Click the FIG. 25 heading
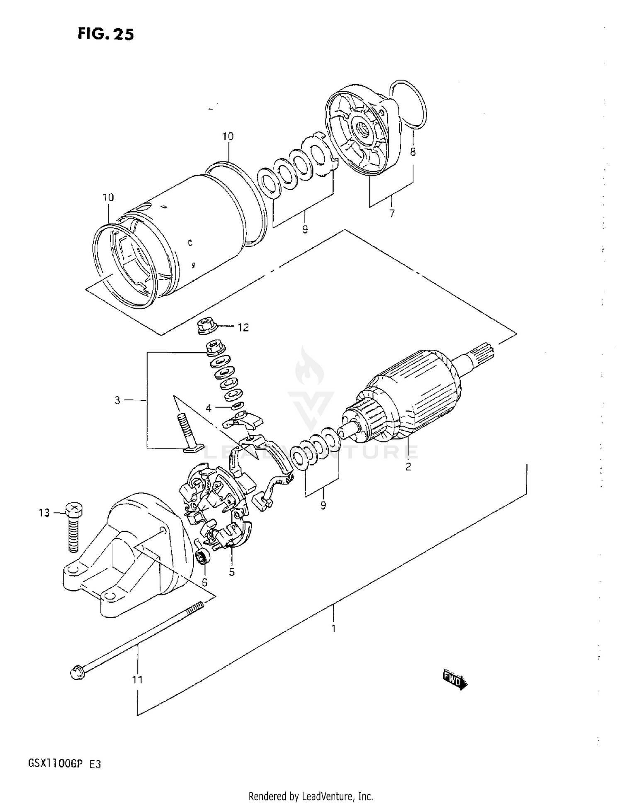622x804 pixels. coord(106,34)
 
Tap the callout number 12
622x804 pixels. coord(243,327)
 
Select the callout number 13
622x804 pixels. coord(44,513)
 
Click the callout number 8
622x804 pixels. coord(413,152)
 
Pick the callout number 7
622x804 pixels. coord(392,214)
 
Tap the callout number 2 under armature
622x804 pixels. coord(408,467)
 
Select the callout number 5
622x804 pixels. coord(232,572)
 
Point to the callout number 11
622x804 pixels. coord(137,680)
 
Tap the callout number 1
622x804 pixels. coord(333,629)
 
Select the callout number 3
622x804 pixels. coord(117,400)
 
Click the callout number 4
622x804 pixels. coord(208,408)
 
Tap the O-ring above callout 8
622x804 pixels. coord(408,104)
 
